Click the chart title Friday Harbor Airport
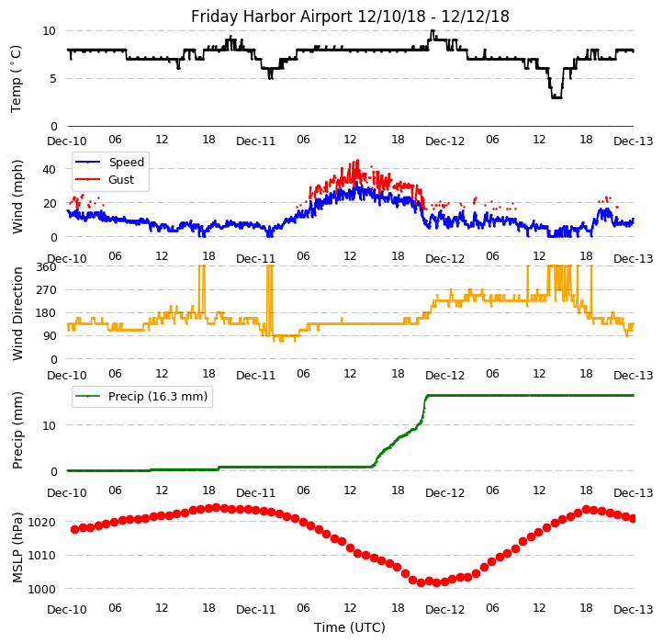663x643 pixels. pos(350,17)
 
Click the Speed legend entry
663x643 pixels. pos(126,163)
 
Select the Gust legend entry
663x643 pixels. pos(121,180)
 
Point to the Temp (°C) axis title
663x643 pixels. pos(17,78)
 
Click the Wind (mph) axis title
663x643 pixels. pos(17,196)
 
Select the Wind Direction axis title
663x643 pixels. pos(17,312)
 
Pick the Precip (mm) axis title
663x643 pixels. pos(17,429)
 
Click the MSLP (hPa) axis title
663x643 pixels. pos(17,547)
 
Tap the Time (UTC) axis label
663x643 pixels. pos(350,627)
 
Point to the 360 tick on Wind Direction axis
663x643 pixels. pos(46,266)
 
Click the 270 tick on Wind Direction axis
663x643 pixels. pos(46,289)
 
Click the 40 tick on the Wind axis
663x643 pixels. pos(51,169)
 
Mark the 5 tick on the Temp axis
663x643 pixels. pos(53,78)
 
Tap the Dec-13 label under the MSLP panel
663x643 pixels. pos(634,610)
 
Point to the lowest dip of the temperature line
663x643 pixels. pos(556,96)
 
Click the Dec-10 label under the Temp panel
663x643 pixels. pos(67,141)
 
